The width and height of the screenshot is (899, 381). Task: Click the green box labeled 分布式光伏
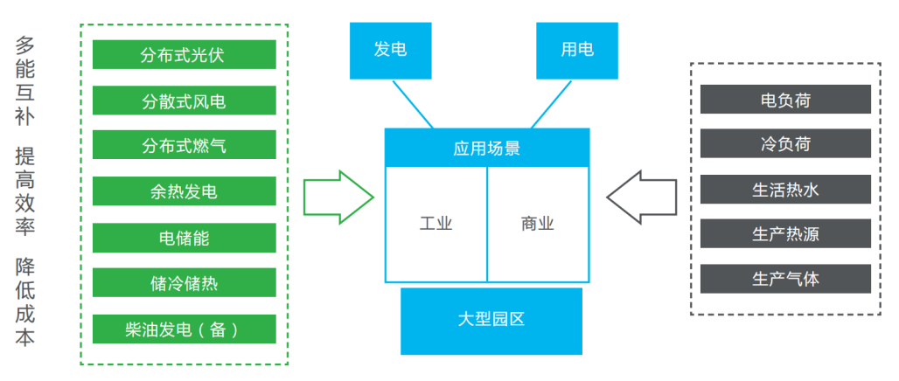pyautogui.click(x=184, y=55)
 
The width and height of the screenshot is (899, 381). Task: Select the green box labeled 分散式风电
pyautogui.click(x=184, y=100)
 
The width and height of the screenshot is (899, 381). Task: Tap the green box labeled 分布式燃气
pyautogui.click(x=184, y=145)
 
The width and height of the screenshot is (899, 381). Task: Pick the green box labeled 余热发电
pyautogui.click(x=184, y=191)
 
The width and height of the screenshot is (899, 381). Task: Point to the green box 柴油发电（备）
pyautogui.click(x=184, y=329)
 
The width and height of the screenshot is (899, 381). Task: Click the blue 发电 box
pyautogui.click(x=390, y=50)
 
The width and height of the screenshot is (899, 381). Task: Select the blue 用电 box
pyautogui.click(x=576, y=50)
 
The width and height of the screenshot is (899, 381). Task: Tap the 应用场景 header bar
pyautogui.click(x=487, y=148)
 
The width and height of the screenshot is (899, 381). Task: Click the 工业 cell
pyautogui.click(x=436, y=224)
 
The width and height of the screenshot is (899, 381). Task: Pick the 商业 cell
pyautogui.click(x=538, y=224)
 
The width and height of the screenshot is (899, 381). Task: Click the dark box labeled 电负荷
pyautogui.click(x=785, y=100)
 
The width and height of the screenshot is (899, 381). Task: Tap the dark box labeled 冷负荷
pyautogui.click(x=785, y=143)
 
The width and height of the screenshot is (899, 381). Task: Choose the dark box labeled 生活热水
pyautogui.click(x=785, y=189)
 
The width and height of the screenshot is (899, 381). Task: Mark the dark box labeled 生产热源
pyautogui.click(x=785, y=234)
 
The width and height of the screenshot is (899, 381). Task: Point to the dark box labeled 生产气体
pyautogui.click(x=785, y=279)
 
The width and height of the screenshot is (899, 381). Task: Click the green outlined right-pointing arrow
pyautogui.click(x=338, y=197)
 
